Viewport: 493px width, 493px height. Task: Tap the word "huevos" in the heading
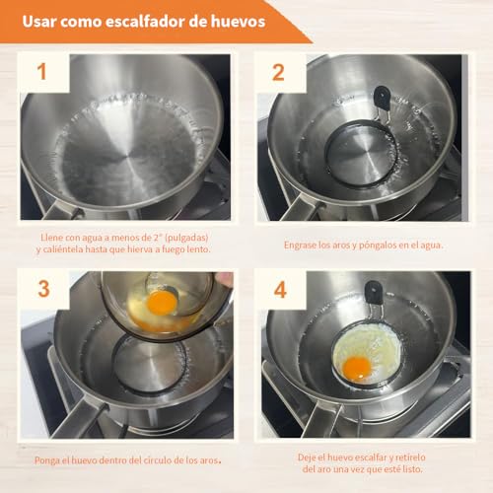pos(238,22)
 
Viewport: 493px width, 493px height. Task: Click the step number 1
pos(41,71)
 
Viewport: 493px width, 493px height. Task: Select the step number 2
pos(278,72)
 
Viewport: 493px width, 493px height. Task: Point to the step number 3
pos(44,289)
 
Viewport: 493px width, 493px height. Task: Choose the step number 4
pos(280,290)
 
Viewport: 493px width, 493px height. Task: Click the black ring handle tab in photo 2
pos(382,98)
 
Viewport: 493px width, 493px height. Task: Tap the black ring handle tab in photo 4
pos(373,292)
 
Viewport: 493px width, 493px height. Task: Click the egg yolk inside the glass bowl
pos(162,303)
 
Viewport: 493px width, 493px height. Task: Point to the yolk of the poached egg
pos(357,368)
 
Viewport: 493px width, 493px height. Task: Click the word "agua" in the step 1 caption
pos(92,238)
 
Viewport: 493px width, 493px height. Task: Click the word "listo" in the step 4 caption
pos(412,469)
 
